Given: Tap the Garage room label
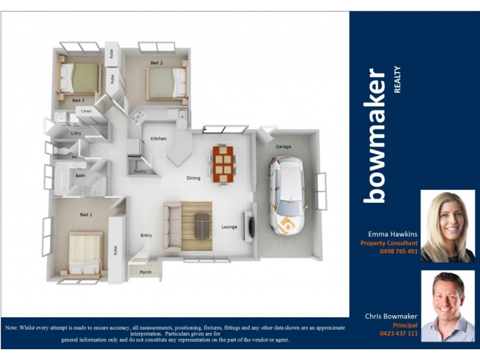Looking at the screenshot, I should [283, 146].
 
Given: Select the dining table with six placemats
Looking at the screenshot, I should [223, 164].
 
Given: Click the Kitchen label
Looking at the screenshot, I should [158, 139].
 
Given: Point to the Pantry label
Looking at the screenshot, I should [140, 171].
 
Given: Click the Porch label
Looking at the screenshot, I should [146, 272].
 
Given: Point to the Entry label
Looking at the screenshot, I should [146, 235].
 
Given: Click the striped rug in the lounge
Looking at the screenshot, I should [197, 226].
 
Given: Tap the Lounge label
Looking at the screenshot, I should [229, 227].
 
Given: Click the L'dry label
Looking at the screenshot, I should [76, 133].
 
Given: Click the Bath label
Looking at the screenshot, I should [80, 176].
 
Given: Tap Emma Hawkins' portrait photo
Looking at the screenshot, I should [448, 226].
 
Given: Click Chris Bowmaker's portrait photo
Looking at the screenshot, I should [448, 305].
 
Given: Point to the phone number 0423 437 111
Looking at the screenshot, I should [398, 333].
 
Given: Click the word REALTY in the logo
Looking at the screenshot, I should [397, 80].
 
